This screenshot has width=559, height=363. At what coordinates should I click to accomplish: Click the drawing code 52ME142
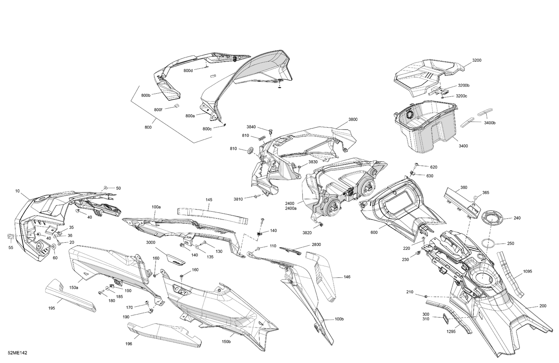(x=18, y=353)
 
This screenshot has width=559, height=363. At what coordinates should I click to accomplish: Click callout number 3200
(x=477, y=60)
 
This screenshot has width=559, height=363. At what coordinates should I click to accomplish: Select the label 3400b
(x=490, y=123)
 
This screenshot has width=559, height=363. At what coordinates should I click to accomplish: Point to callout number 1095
(x=528, y=271)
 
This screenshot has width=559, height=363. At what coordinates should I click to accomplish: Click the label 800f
(x=158, y=110)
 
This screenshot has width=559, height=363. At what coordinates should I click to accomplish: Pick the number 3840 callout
(x=251, y=127)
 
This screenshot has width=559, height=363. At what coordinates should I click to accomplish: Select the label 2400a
(x=291, y=208)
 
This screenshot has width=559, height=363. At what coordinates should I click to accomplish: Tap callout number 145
(x=209, y=200)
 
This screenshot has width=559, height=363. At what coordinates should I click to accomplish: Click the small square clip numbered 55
(x=11, y=236)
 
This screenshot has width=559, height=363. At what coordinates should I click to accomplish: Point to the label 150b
(x=226, y=342)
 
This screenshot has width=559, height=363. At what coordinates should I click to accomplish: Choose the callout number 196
(x=129, y=344)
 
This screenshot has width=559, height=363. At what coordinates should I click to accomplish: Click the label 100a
(x=156, y=207)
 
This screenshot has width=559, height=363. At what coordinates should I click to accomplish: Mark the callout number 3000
(x=151, y=242)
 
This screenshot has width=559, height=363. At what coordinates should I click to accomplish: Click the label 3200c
(x=461, y=96)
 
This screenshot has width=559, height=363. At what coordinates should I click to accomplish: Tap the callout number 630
(x=430, y=176)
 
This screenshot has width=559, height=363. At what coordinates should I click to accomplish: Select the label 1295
(x=451, y=332)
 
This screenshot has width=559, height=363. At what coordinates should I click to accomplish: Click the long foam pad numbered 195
(x=70, y=295)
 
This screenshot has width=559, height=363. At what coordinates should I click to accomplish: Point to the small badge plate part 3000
(x=176, y=259)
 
